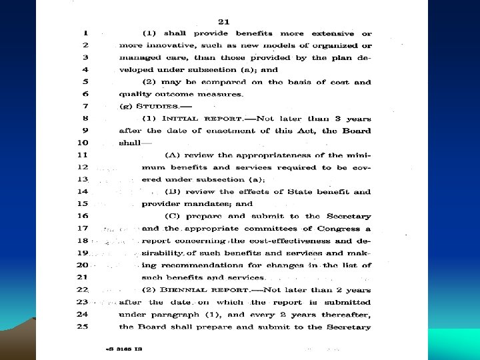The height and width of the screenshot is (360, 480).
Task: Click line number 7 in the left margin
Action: pyautogui.click(x=85, y=105)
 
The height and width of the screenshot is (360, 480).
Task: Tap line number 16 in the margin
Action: pyautogui.click(x=84, y=216)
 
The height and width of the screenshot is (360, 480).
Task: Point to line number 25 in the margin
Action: pyautogui.click(x=84, y=327)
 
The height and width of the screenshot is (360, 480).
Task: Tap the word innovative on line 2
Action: pyautogui.click(x=167, y=45)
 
